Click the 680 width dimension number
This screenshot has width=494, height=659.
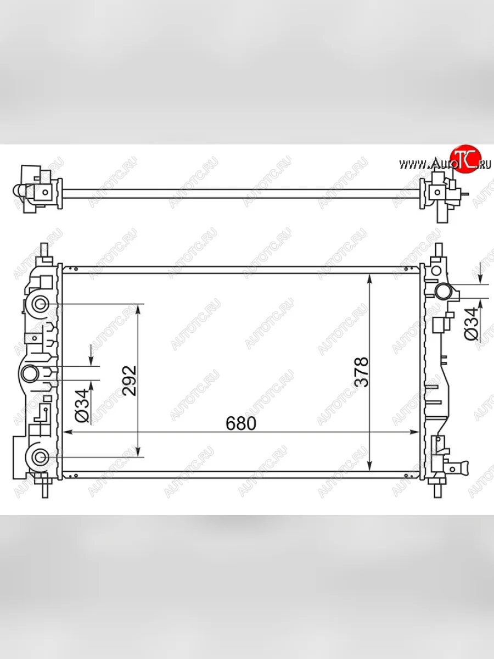tap(240, 423)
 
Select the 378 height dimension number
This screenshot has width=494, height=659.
tap(362, 372)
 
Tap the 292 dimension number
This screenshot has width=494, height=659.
tap(130, 380)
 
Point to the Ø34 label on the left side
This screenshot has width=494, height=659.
tap(81, 405)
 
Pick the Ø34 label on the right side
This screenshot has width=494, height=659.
tap(471, 324)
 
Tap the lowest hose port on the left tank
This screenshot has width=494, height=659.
tap(40, 456)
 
